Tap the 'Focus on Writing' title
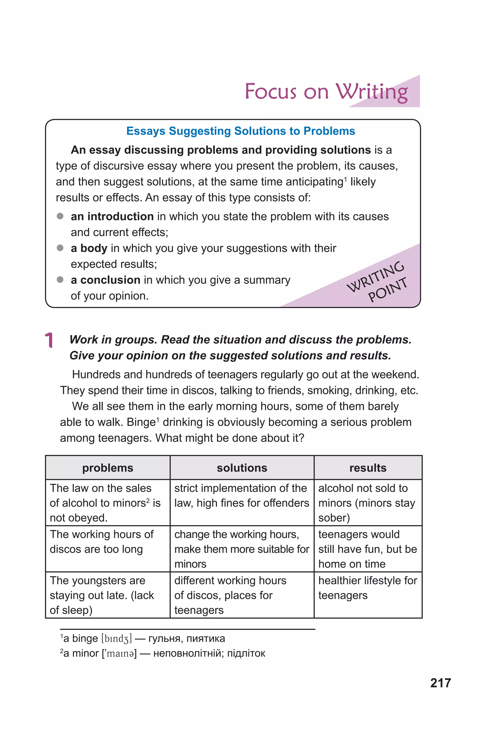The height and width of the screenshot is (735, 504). pos(326,92)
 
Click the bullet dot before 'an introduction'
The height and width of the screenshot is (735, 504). pos(60,216)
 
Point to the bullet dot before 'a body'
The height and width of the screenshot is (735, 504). pos(60,248)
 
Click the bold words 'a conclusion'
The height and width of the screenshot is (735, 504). pos(105,280)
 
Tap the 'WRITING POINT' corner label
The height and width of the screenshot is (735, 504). pos(377,281)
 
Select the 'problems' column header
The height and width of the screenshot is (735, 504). pos(108,468)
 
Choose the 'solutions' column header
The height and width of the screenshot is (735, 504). pos(242,468)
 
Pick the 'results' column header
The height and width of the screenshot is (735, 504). pos(368,468)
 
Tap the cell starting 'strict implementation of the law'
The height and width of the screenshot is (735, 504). pos(242,495)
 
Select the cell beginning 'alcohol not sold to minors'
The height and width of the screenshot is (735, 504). pos(367,503)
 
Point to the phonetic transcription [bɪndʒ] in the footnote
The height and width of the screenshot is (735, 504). pos(116,639)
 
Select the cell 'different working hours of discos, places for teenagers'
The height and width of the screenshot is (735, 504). pos(230,595)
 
